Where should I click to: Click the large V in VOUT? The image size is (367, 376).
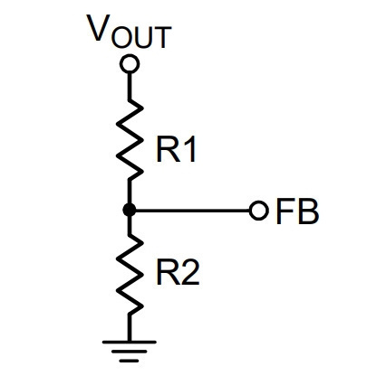click(x=98, y=28)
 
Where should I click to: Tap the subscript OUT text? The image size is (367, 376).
click(x=141, y=37)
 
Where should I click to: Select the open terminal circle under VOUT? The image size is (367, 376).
click(x=130, y=63)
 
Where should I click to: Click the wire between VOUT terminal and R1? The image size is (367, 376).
click(x=130, y=86)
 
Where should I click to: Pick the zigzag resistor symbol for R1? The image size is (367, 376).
click(x=130, y=139)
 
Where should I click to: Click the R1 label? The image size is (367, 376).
click(x=176, y=149)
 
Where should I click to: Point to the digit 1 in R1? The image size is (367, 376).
click(x=189, y=149)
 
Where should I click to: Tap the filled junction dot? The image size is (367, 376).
click(x=130, y=210)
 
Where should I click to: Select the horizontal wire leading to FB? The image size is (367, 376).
click(x=193, y=210)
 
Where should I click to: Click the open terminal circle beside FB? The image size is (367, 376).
click(x=259, y=210)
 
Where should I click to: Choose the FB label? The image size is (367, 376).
click(x=297, y=211)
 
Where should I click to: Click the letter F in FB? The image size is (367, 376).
click(x=285, y=211)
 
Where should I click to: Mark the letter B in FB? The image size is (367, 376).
click(x=308, y=211)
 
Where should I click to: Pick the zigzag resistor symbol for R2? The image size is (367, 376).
click(x=130, y=274)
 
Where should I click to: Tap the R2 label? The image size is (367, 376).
click(x=178, y=273)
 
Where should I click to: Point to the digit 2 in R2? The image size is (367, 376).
click(x=191, y=273)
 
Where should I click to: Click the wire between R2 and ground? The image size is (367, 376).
click(x=130, y=328)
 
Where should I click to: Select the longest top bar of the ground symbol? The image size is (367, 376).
click(x=130, y=342)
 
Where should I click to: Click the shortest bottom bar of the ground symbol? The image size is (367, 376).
click(x=130, y=361)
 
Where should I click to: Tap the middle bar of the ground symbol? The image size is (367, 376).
click(x=130, y=352)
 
